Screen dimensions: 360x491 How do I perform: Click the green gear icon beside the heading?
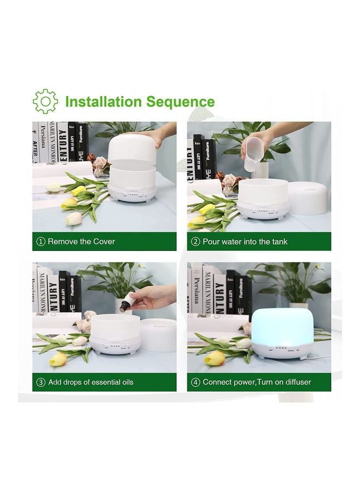pyautogui.click(x=45, y=101)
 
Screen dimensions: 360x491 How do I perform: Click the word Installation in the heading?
pyautogui.click(x=103, y=102)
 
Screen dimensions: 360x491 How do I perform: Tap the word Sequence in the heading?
pyautogui.click(x=181, y=103)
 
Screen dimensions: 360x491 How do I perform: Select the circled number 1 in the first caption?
pyautogui.click(x=41, y=242)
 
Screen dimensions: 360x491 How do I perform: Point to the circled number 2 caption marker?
pyautogui.click(x=196, y=242)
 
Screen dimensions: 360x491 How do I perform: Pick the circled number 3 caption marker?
pyautogui.click(x=41, y=382)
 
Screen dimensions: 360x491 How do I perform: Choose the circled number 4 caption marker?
pyautogui.click(x=196, y=382)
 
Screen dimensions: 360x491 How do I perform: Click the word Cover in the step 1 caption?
pyautogui.click(x=104, y=242)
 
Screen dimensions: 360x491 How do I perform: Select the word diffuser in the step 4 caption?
pyautogui.click(x=298, y=382)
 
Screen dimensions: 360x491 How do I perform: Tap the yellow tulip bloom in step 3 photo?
pyautogui.click(x=58, y=358)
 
